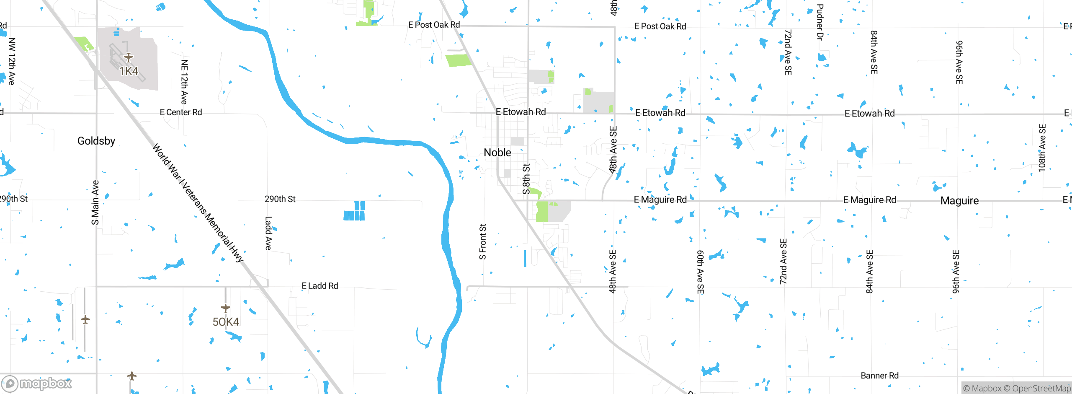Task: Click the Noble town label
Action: click(x=497, y=153)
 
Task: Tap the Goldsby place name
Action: click(x=96, y=141)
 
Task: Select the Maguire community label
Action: click(x=959, y=201)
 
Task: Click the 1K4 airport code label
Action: click(x=129, y=71)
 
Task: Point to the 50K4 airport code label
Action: click(x=226, y=322)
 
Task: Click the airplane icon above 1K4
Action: click(x=129, y=57)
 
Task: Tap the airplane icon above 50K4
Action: click(x=226, y=308)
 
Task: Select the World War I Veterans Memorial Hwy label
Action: click(x=198, y=203)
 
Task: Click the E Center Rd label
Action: click(x=181, y=112)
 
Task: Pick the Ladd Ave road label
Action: click(x=268, y=233)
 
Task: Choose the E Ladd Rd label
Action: click(x=320, y=286)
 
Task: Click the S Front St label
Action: click(x=483, y=242)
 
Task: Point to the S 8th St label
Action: click(x=526, y=179)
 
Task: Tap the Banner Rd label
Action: click(x=879, y=376)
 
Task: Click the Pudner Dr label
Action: click(x=820, y=22)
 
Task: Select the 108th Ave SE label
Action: click(x=1042, y=148)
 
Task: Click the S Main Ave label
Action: click(x=95, y=202)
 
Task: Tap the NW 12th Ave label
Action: click(x=12, y=61)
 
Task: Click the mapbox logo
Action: click(x=37, y=383)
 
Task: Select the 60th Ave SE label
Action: click(x=700, y=272)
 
